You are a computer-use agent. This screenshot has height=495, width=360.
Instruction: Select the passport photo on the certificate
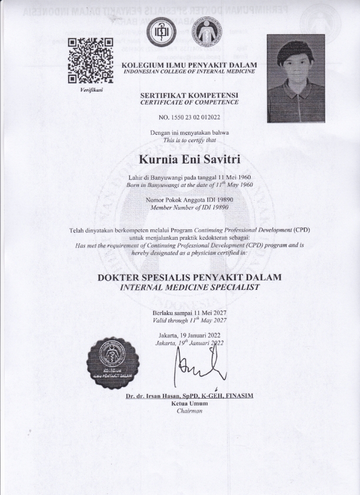295,78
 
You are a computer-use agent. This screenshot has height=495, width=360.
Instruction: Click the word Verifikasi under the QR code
90,91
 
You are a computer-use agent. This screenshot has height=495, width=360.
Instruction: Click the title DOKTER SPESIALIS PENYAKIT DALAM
189,277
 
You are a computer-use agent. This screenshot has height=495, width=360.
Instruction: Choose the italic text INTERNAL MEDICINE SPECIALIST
189,287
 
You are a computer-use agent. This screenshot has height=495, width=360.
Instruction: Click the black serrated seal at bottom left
117,360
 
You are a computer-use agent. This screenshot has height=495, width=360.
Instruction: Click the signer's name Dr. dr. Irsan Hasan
189,396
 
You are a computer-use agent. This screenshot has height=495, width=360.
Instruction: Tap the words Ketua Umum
189,403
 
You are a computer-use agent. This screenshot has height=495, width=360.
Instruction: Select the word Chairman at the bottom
189,411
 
